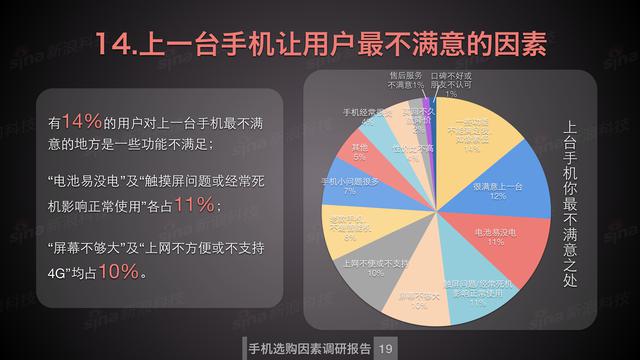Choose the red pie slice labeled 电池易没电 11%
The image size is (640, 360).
(x=489, y=236)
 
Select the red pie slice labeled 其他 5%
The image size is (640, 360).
(x=360, y=152)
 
